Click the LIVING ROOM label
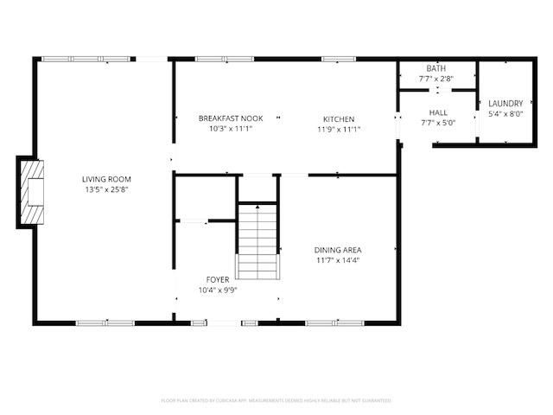(x=107, y=180)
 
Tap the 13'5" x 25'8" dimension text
(x=107, y=189)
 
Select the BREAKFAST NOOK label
(x=230, y=118)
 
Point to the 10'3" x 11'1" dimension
(x=230, y=129)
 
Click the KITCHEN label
(x=339, y=118)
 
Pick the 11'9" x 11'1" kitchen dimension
(x=339, y=129)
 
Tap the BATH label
(x=435, y=68)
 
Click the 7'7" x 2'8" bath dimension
(x=435, y=79)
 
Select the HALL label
(x=437, y=112)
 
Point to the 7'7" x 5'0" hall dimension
(x=437, y=123)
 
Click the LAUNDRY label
(x=505, y=103)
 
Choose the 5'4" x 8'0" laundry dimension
(x=505, y=113)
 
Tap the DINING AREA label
(x=336, y=250)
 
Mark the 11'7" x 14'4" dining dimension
(x=336, y=259)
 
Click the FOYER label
(x=217, y=279)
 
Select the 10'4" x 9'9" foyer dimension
(x=217, y=290)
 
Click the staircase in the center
(x=258, y=241)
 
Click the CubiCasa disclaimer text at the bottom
(x=276, y=401)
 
